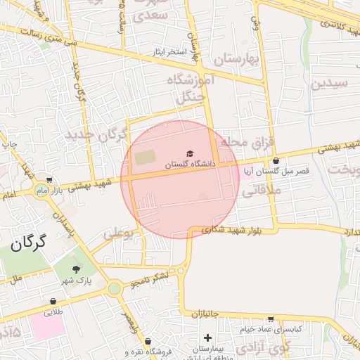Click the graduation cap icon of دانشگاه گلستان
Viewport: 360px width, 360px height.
188,153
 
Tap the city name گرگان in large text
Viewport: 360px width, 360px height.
28,244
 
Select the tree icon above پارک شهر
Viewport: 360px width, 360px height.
76,268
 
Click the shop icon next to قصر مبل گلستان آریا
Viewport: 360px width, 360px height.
275,160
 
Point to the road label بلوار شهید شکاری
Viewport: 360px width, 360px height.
231,229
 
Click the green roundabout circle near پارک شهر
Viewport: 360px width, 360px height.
114,288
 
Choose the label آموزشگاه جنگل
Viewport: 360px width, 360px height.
185,88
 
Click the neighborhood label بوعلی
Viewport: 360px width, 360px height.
118,233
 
